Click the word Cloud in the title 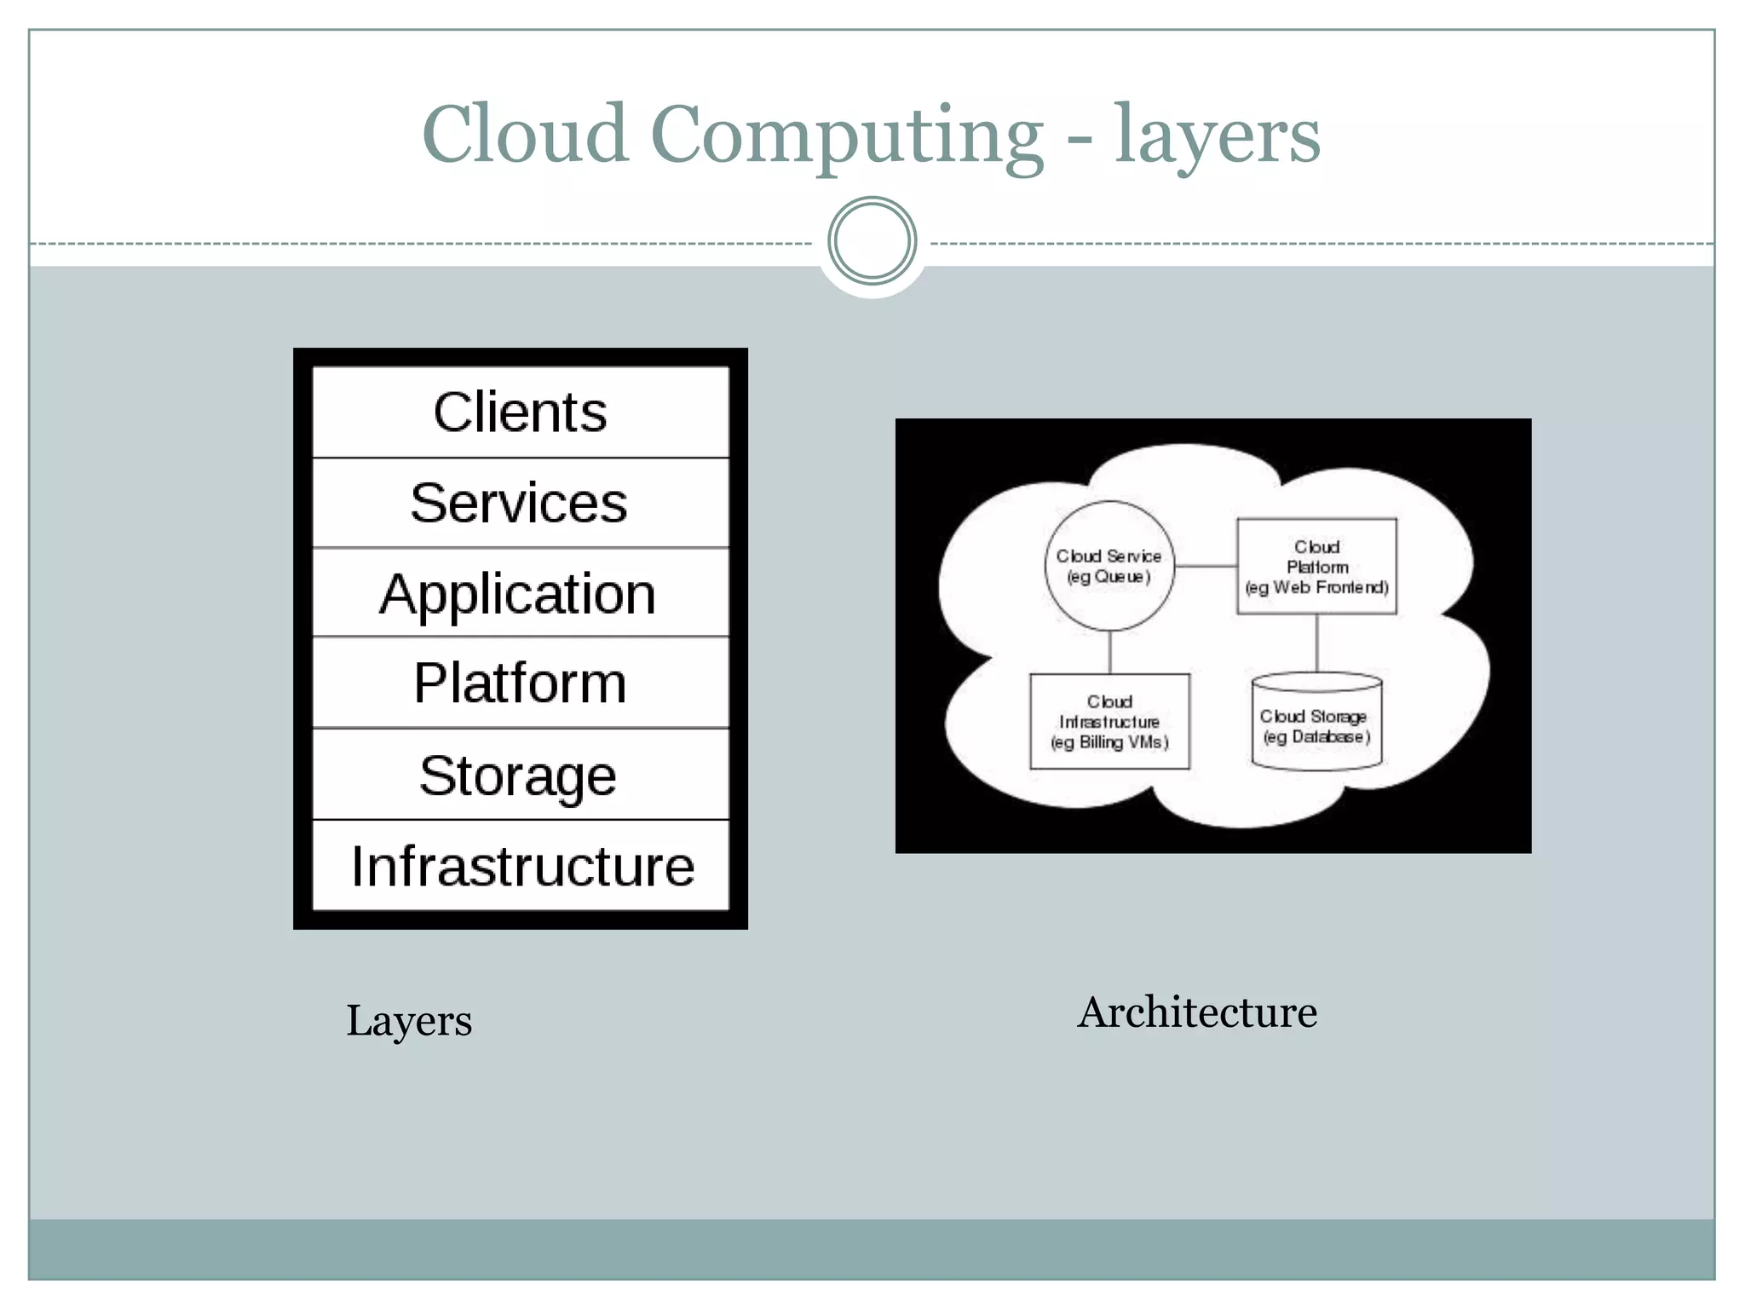click(525, 134)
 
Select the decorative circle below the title click(872, 241)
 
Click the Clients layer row click(520, 412)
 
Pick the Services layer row click(520, 503)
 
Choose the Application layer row click(520, 593)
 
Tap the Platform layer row click(520, 683)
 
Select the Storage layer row click(520, 775)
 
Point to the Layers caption click(409, 1020)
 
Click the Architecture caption click(1197, 1012)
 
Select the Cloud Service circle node click(1109, 566)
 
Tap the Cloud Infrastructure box click(1109, 722)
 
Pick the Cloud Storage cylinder click(1316, 724)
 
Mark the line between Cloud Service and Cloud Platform click(1206, 566)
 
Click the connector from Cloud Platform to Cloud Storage click(1317, 643)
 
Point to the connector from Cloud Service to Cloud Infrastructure click(1110, 652)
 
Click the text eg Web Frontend click(1316, 587)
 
